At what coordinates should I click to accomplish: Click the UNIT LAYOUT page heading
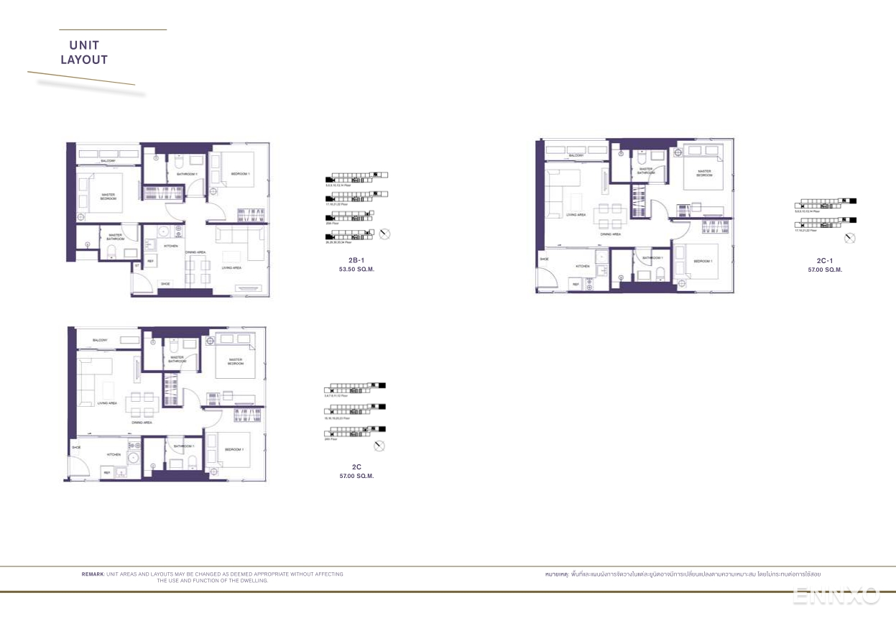(84, 53)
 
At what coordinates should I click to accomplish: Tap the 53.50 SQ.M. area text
(356, 270)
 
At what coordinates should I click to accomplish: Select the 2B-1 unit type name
(356, 260)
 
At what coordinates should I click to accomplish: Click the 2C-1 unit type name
(825, 261)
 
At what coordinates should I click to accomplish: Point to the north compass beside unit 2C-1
(850, 239)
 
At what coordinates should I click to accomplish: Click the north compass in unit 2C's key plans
(379, 446)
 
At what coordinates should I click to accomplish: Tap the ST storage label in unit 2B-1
(137, 266)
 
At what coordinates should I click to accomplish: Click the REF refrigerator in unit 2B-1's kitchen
(151, 261)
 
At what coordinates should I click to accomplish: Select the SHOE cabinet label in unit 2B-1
(165, 284)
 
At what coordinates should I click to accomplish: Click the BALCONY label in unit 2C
(100, 339)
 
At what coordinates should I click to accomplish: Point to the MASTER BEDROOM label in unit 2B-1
(108, 195)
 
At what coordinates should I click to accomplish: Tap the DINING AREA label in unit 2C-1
(611, 234)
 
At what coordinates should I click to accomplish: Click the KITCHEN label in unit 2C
(114, 455)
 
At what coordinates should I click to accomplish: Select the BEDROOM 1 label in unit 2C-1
(702, 261)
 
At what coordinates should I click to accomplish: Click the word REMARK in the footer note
(93, 574)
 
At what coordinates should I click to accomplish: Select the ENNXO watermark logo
(836, 596)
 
